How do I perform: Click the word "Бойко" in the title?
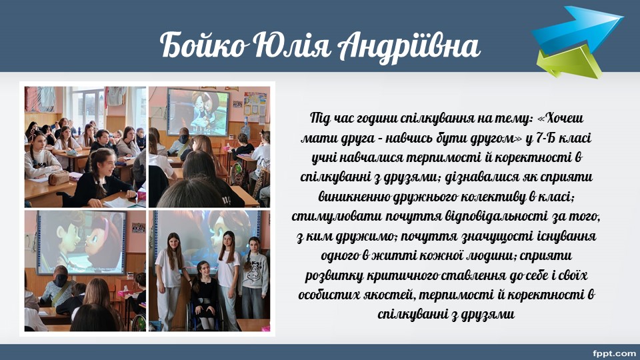[203, 46]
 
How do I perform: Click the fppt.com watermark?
[614, 353]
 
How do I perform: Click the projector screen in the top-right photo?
[198, 112]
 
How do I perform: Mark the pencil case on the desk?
[59, 179]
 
